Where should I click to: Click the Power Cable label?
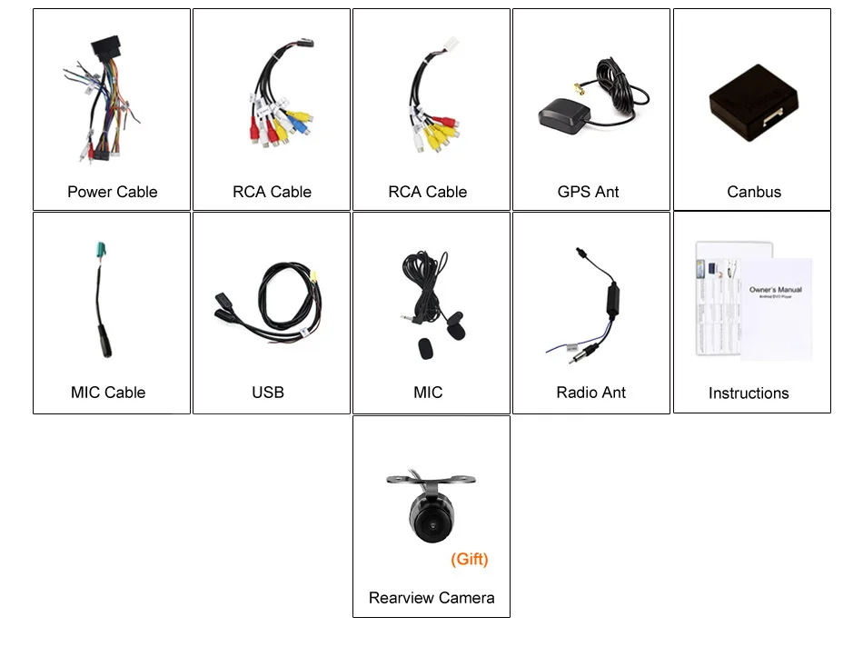(112, 192)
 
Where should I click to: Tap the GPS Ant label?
(588, 192)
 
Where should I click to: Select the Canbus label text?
(753, 192)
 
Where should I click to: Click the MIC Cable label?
(107, 393)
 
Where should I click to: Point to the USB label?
(267, 393)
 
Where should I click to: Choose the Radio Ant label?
(590, 393)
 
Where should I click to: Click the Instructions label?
(748, 393)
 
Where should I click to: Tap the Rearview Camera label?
(431, 598)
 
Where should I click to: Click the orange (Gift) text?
(469, 560)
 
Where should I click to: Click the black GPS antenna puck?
(564, 115)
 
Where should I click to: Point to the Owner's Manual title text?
(775, 290)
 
